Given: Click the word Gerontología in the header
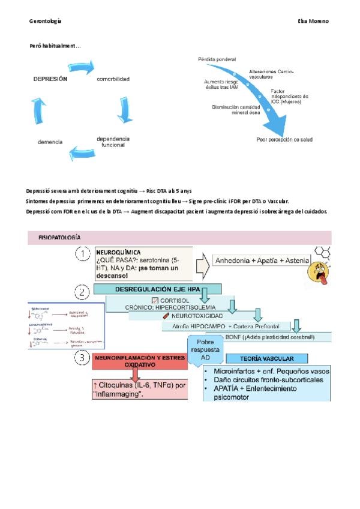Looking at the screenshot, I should (45, 21).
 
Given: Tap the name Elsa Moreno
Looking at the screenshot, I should (313, 21).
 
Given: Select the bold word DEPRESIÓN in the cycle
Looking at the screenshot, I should (50, 79).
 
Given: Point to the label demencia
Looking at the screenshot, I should (50, 142).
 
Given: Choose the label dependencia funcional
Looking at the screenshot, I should (113, 142).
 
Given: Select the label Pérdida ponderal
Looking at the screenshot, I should (217, 59).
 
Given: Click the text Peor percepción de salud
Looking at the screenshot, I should (284, 139).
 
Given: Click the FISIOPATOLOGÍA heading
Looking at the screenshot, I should (59, 238).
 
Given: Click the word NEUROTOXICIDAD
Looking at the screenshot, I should (197, 316).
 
